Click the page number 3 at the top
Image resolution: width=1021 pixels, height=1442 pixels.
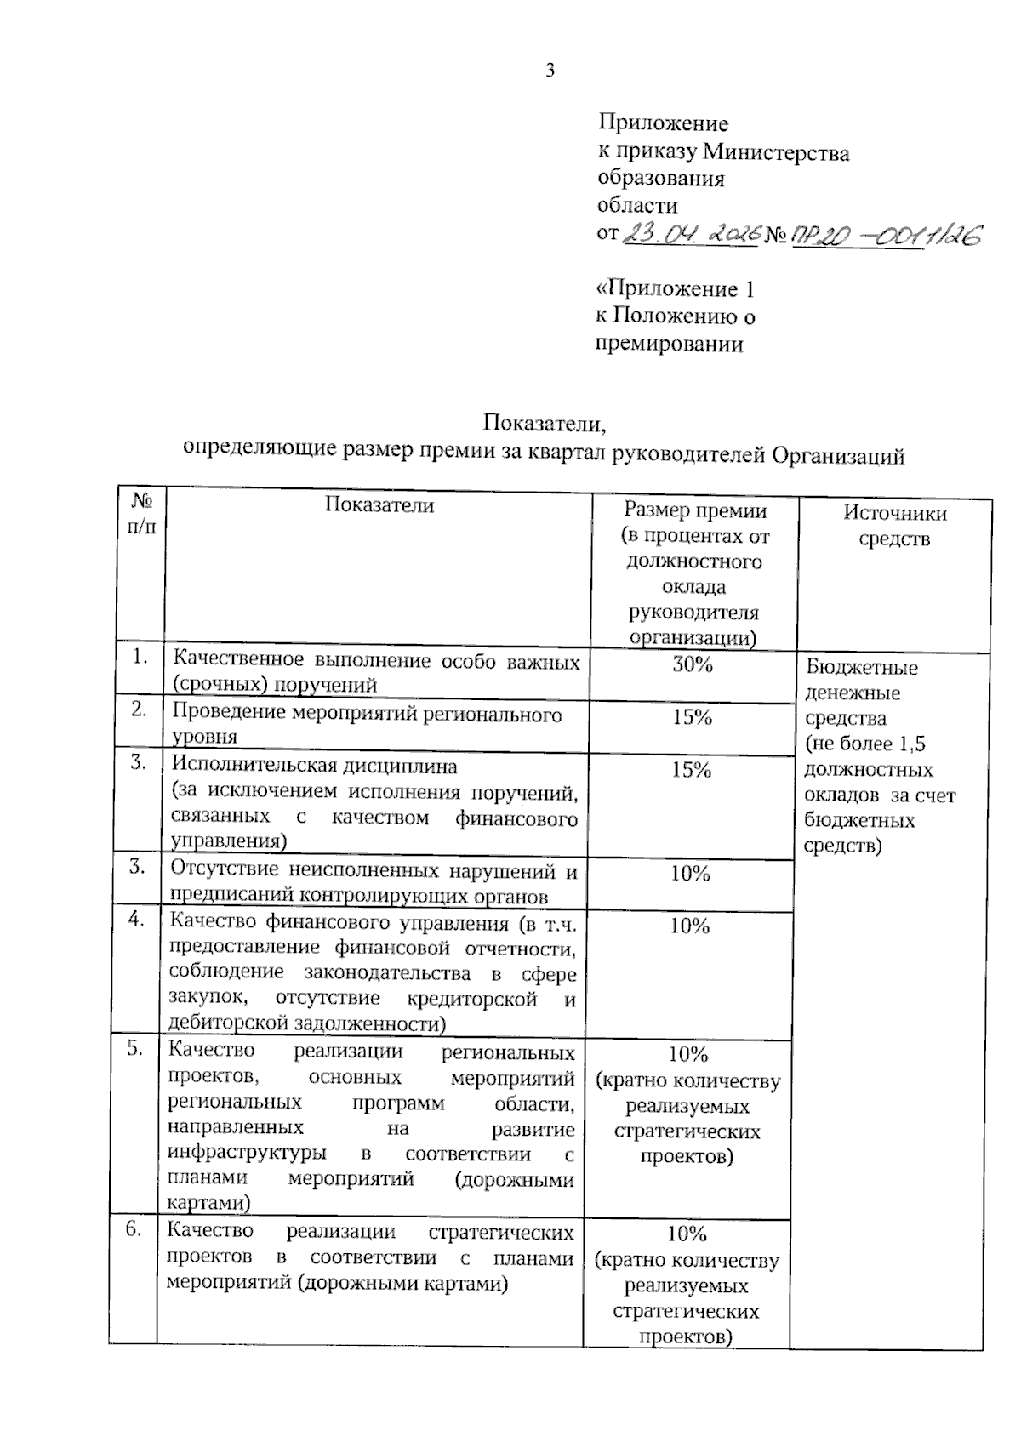[550, 71]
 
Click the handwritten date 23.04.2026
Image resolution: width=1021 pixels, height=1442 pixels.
[690, 233]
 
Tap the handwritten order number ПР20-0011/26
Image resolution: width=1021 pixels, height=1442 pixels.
[885, 235]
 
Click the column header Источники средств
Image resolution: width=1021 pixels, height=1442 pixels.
[894, 525]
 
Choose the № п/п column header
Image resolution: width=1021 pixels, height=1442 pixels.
[142, 513]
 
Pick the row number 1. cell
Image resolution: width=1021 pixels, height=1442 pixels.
[140, 656]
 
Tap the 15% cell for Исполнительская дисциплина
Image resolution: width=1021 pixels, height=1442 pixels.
[691, 770]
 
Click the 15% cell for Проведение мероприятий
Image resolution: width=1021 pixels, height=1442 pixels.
[691, 717]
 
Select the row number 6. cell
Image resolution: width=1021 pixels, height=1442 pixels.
[134, 1228]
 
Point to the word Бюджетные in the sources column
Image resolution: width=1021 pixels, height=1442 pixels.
[862, 667]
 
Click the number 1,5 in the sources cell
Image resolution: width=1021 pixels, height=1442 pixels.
[910, 744]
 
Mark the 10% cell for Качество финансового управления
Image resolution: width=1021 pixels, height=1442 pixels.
[689, 926]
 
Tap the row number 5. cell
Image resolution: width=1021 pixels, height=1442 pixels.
[135, 1048]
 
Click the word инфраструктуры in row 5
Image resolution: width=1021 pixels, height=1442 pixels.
[247, 1153]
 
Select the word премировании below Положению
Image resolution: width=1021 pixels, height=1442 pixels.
[669, 345]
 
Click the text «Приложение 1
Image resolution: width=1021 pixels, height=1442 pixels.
[675, 289]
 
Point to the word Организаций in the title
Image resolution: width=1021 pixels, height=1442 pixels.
[837, 456]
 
